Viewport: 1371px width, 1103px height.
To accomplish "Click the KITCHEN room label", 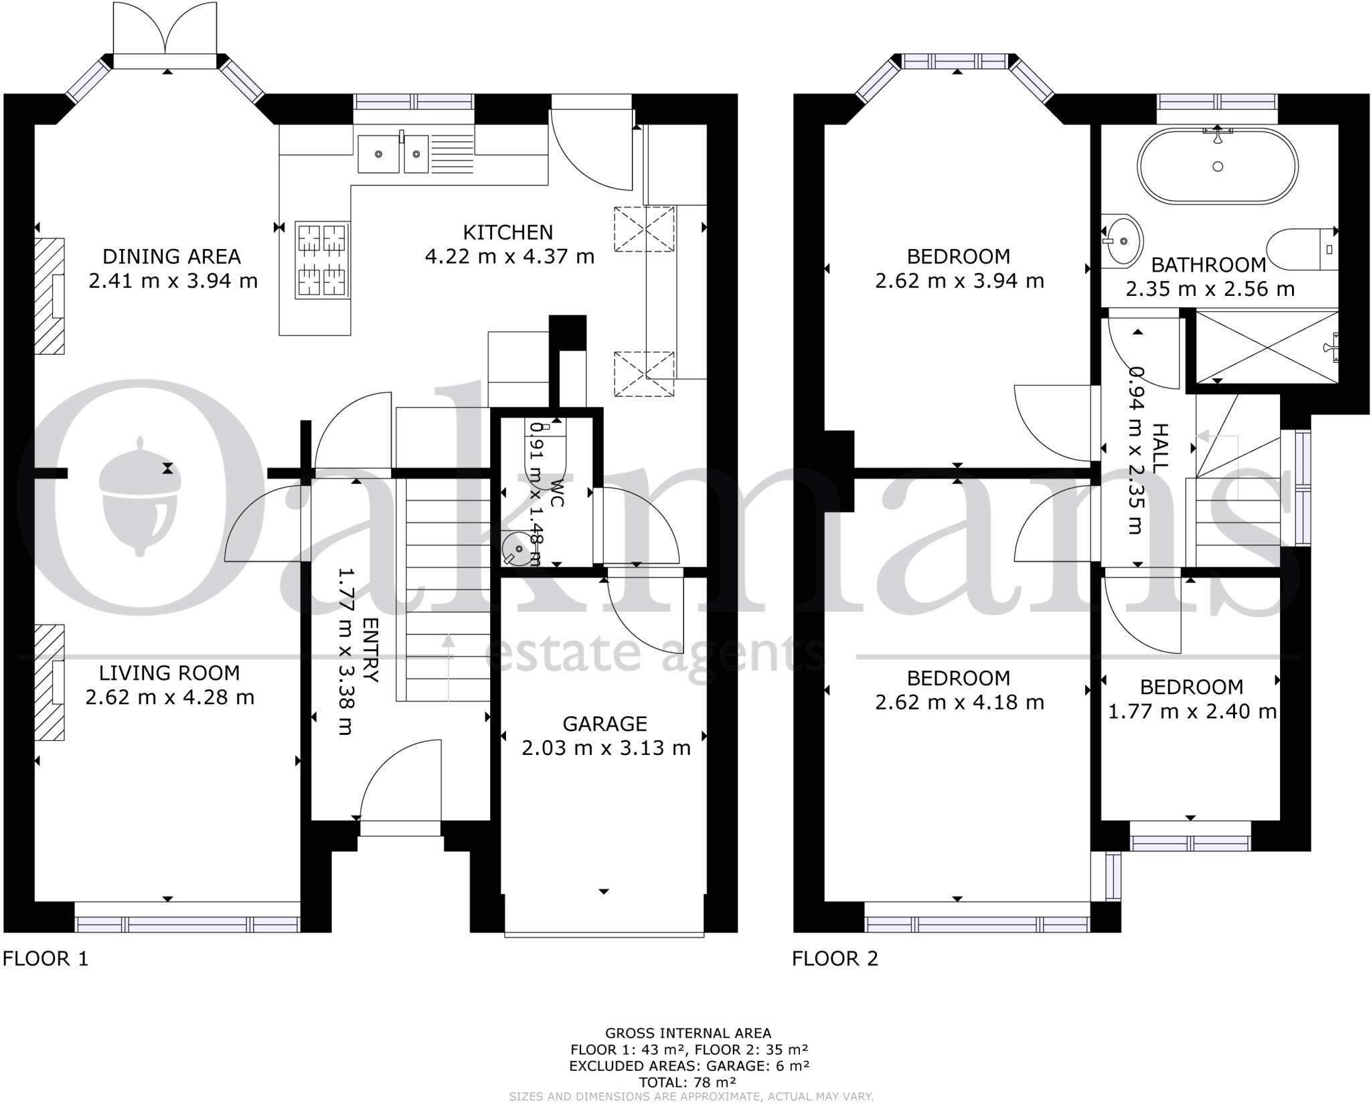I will (508, 233).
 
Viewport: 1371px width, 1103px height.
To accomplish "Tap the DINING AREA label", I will (171, 256).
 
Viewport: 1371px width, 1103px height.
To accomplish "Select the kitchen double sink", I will (393, 154).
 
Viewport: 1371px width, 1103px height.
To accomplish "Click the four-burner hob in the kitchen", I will (322, 260).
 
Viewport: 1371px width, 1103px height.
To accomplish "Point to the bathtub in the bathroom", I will (1217, 166).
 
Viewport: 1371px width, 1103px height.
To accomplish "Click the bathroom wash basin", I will (1122, 240).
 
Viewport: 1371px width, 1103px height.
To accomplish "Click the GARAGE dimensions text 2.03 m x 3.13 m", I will (605, 748).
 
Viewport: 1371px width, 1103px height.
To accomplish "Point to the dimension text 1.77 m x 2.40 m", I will (1192, 711).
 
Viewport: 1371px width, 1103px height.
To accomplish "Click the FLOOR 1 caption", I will (46, 958).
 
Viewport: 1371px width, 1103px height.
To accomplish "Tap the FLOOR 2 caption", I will (835, 958).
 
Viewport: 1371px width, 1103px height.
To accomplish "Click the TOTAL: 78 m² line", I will (688, 1082).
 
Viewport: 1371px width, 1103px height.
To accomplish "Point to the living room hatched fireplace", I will (50, 683).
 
